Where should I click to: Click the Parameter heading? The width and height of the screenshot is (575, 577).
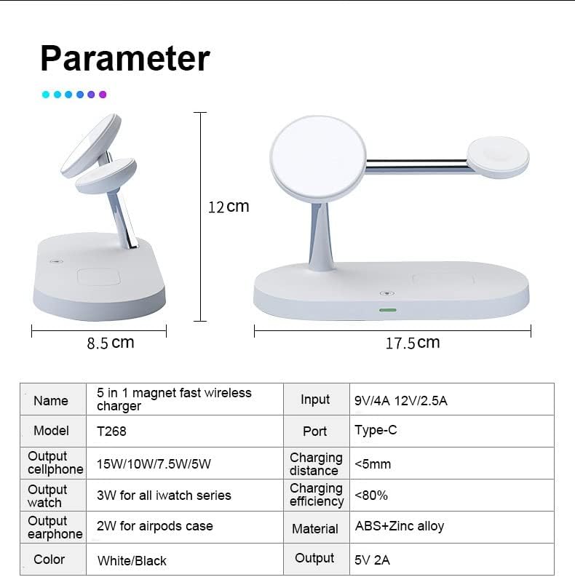pyautogui.click(x=124, y=58)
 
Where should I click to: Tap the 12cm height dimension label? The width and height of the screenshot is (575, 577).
pyautogui.click(x=229, y=207)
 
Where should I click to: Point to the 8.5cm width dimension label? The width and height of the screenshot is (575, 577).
pyautogui.click(x=111, y=343)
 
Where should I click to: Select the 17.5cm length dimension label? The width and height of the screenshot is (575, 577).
pyautogui.click(x=412, y=343)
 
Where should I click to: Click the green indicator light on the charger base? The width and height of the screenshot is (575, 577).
pyautogui.click(x=386, y=310)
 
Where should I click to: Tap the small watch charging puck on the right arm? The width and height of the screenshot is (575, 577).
pyautogui.click(x=498, y=157)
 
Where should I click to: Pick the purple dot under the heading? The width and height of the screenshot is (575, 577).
pyautogui.click(x=103, y=95)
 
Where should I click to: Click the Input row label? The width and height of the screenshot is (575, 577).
pyautogui.click(x=315, y=399)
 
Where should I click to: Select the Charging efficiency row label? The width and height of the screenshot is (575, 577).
pyautogui.click(x=316, y=495)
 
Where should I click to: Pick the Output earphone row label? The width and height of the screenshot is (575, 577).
pyautogui.click(x=55, y=528)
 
